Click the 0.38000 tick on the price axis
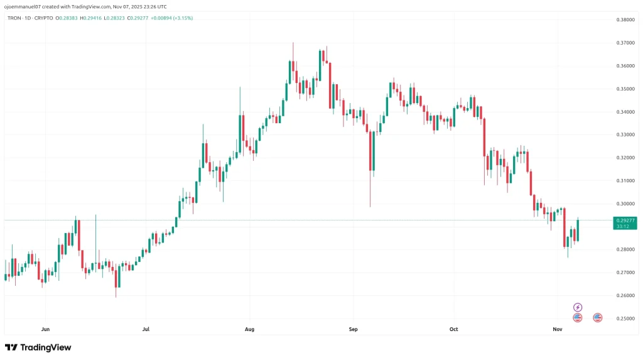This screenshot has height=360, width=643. (x=625, y=19)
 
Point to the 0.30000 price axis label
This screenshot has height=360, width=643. (x=625, y=204)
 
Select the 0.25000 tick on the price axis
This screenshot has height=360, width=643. (x=625, y=319)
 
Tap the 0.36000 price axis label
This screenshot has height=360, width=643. (x=625, y=66)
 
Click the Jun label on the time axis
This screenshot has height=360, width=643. (x=45, y=329)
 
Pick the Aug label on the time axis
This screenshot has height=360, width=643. (x=249, y=329)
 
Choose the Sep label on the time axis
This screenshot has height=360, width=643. (x=353, y=329)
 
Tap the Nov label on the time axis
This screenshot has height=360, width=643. (x=557, y=329)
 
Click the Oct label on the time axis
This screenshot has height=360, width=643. (x=454, y=329)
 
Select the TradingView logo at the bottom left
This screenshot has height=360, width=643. (x=38, y=347)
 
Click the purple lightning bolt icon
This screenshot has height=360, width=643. (x=578, y=307)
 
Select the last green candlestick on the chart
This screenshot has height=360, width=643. (x=577, y=230)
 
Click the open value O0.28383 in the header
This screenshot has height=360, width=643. (x=66, y=18)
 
